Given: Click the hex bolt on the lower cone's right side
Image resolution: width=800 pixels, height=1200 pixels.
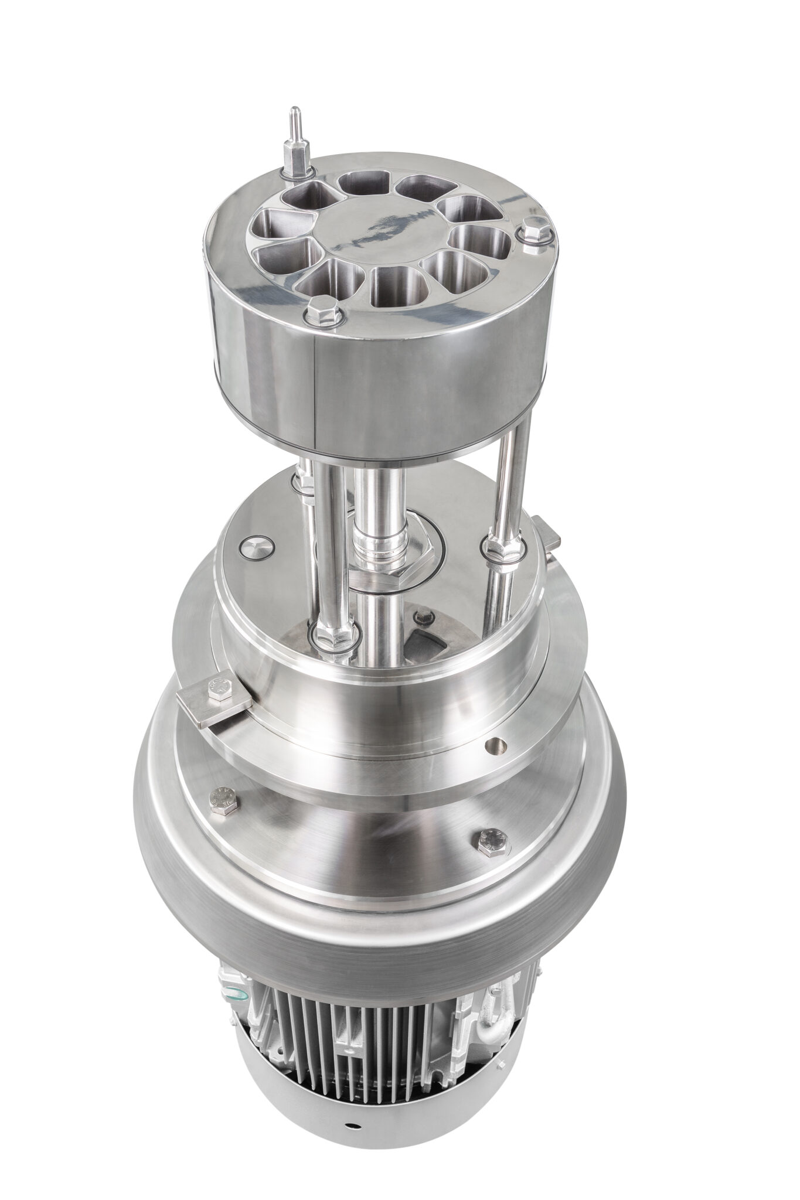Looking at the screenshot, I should coord(489,841).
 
